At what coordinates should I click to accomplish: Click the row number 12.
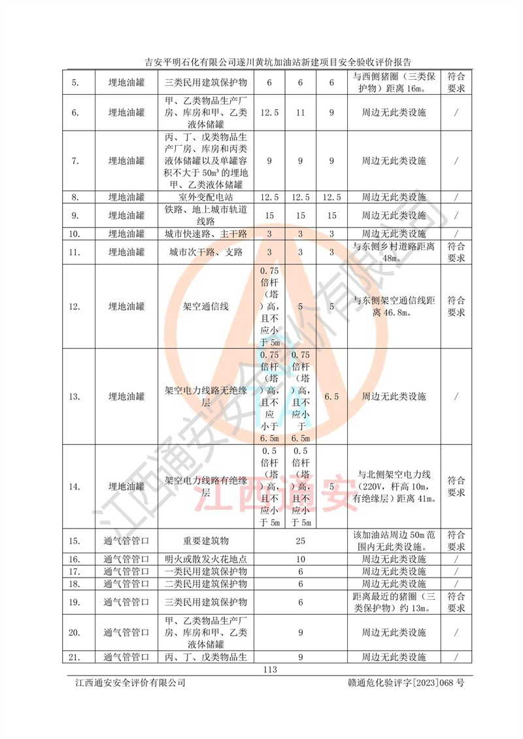77,306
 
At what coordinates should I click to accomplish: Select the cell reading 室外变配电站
206,197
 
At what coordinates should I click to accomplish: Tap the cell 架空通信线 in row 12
206,306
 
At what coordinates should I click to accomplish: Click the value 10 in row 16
301,559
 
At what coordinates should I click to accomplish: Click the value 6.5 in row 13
331,397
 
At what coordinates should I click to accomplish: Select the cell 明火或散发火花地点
206,559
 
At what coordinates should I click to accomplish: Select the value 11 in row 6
301,112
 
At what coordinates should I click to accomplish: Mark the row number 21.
77,657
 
